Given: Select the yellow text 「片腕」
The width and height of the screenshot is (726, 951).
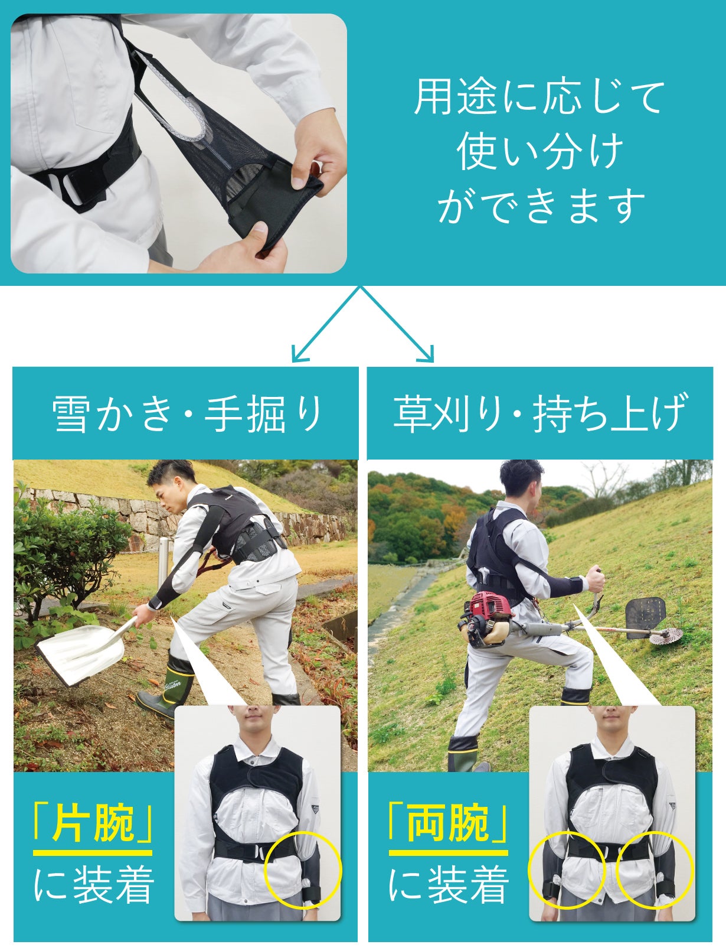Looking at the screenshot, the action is pos(93,823).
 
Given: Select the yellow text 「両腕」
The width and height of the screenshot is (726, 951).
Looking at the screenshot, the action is pos(449,823).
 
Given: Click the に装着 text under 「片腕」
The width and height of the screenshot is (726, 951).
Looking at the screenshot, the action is pos(94,884).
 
